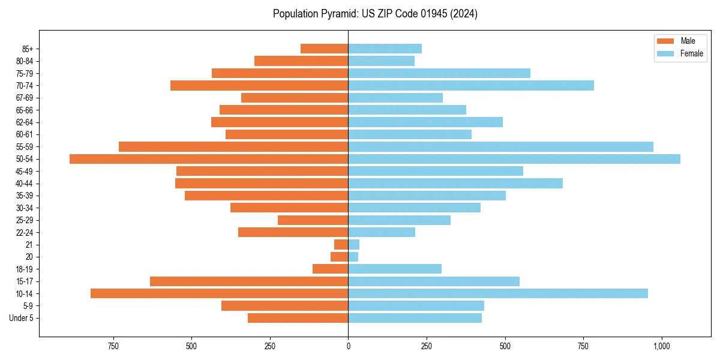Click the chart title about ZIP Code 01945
point(375,14)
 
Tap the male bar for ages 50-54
point(209,159)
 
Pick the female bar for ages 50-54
point(514,159)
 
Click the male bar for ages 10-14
point(219,293)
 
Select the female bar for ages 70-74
point(471,85)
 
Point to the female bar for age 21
point(354,245)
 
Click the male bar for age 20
point(340,257)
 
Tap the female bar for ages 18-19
point(395,269)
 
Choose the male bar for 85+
point(324,49)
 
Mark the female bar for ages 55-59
point(500,146)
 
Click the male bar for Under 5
point(298,318)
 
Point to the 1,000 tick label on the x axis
point(662,346)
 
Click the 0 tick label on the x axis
point(348,346)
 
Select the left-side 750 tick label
point(113,346)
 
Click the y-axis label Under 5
point(21,318)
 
